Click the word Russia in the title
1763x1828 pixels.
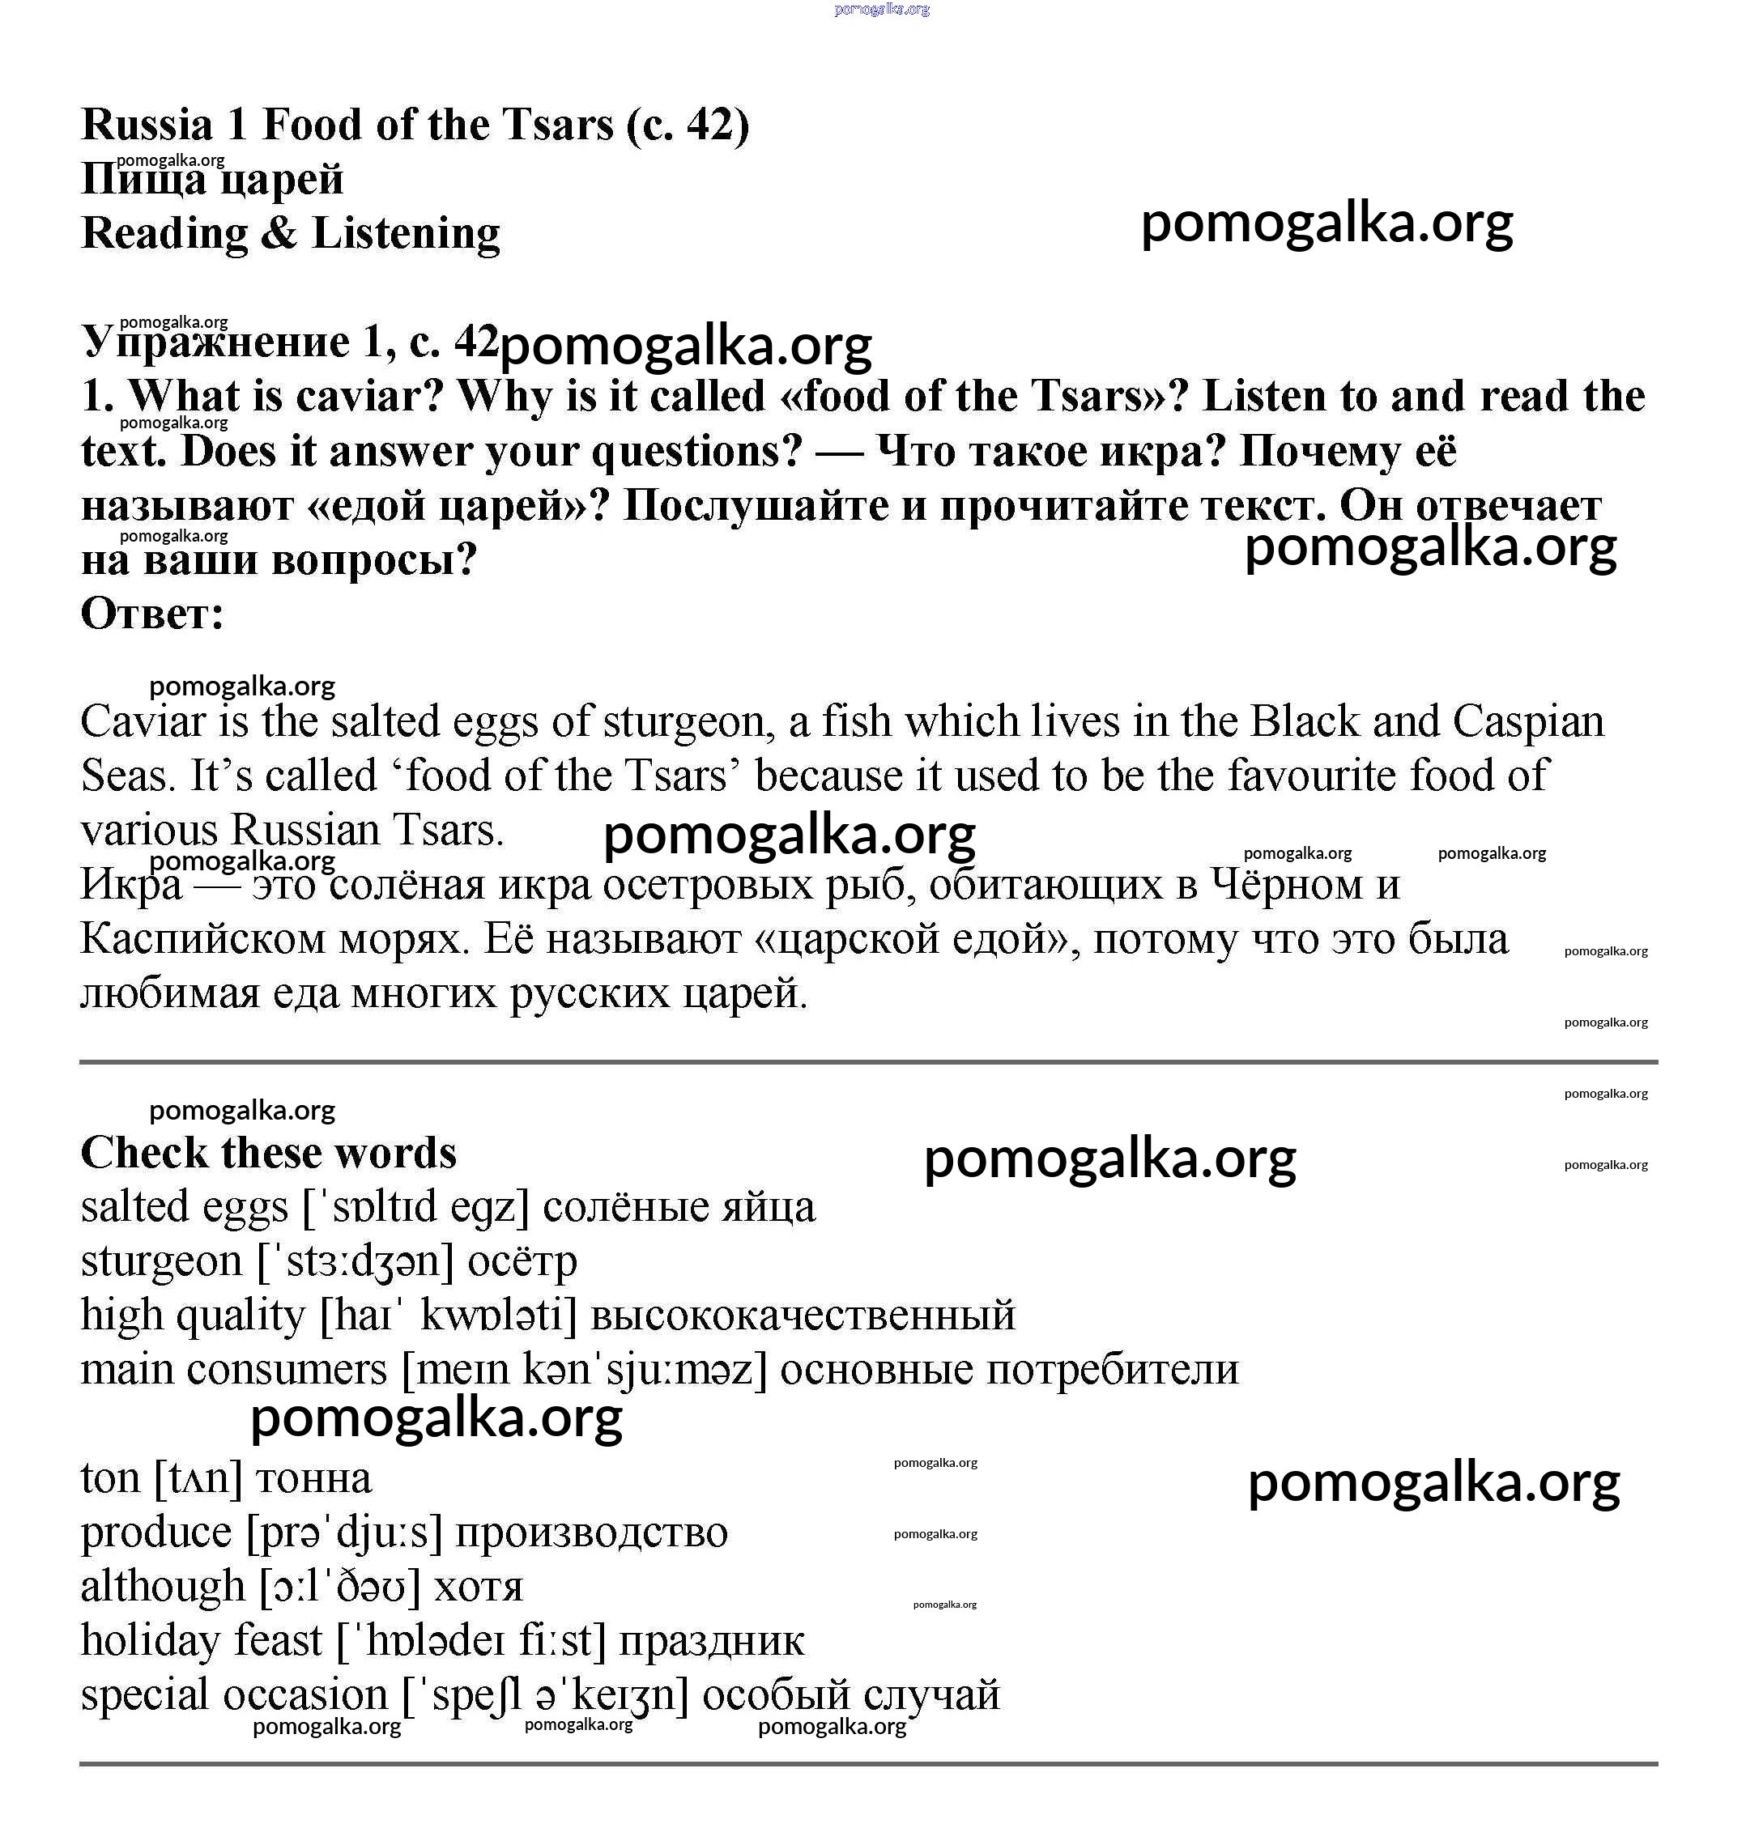(x=147, y=125)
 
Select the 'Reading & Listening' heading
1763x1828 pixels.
(x=290, y=233)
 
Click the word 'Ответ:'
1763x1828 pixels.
(x=152, y=614)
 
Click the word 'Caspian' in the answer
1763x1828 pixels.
(x=1528, y=722)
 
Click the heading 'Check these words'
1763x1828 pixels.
(x=269, y=1153)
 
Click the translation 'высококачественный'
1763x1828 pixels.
(x=803, y=1316)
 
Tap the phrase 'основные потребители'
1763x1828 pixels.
(x=1009, y=1370)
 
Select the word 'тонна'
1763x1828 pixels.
(x=313, y=1478)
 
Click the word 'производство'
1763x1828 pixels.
(x=591, y=1533)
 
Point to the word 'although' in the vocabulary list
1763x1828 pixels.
(x=162, y=1587)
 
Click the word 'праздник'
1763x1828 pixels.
(x=711, y=1640)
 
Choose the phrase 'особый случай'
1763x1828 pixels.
(x=850, y=1694)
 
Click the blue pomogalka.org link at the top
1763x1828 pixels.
(x=881, y=10)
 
